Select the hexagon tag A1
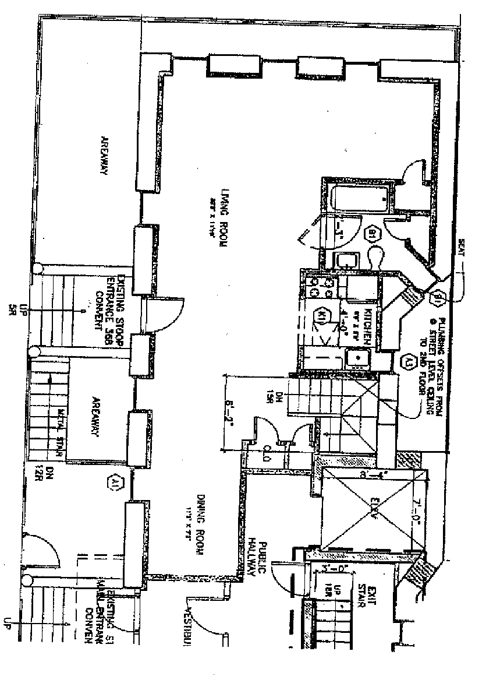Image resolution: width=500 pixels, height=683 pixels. click(115, 482)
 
